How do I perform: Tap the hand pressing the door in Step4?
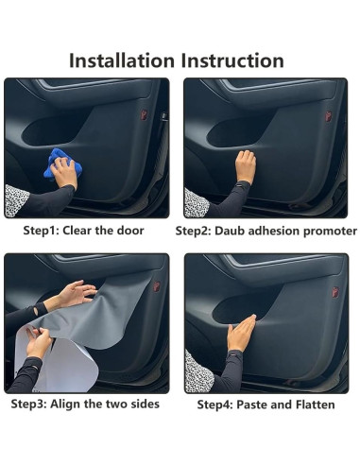tap(242, 331)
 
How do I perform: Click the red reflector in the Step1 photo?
tap(144, 114)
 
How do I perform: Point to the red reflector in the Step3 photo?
tap(145, 286)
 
